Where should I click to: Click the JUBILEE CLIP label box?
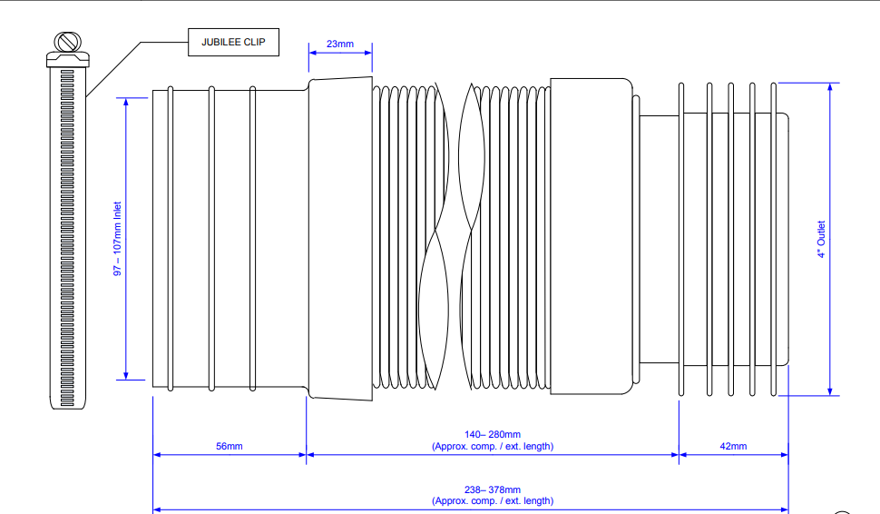click(x=233, y=43)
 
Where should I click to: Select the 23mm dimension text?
click(x=340, y=43)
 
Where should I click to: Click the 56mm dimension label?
click(x=229, y=446)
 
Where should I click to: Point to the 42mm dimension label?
click(x=733, y=446)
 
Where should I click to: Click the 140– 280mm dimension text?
click(x=493, y=435)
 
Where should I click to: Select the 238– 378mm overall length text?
click(x=493, y=490)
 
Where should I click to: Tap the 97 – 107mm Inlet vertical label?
click(x=117, y=239)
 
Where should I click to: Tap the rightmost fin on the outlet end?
click(x=774, y=239)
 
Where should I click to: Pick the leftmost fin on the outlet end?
click(x=680, y=239)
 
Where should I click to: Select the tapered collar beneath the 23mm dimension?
click(x=340, y=238)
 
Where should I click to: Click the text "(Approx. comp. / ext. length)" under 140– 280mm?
click(x=493, y=446)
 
